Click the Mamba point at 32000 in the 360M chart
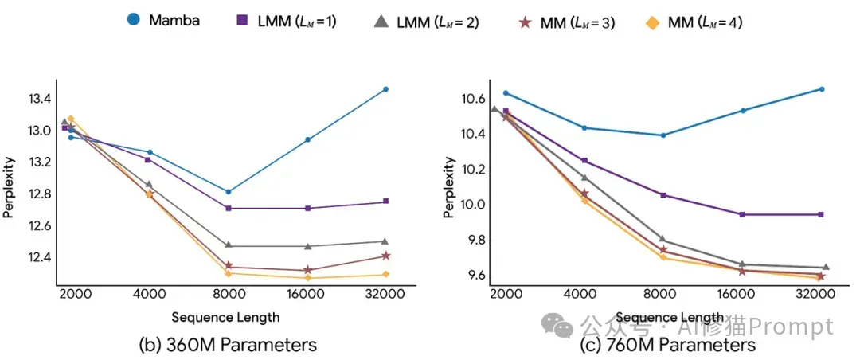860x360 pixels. point(385,89)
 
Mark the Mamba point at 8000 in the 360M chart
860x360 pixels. point(229,191)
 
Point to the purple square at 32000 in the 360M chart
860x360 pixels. point(385,202)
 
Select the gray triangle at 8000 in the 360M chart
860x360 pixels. point(229,245)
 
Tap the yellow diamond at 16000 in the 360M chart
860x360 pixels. point(307,278)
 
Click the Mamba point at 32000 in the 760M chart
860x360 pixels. point(822,89)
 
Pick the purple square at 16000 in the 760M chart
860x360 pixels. point(742,214)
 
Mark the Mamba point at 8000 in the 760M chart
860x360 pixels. point(663,135)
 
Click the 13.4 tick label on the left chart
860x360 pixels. point(38,100)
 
